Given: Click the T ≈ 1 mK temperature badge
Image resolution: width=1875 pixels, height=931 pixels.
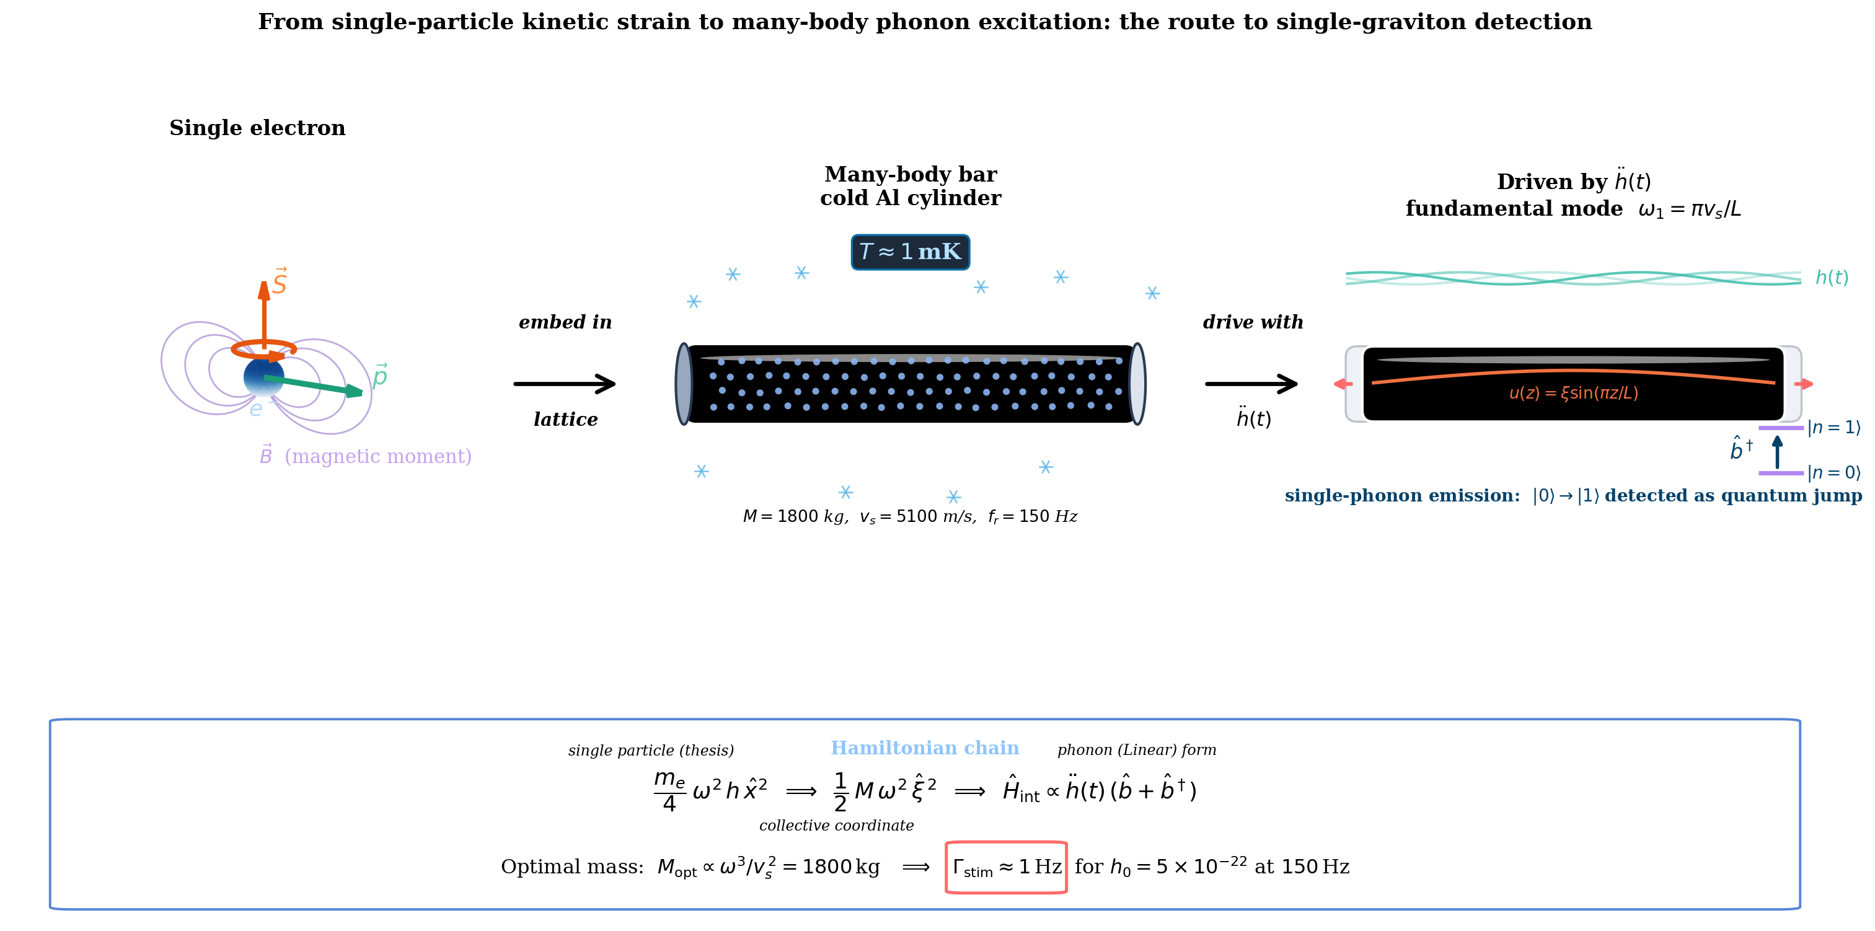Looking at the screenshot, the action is click(910, 252).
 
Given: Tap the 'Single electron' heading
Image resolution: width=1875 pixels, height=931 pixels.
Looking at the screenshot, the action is click(258, 128).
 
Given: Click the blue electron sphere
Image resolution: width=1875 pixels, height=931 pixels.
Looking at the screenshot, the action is click(263, 377).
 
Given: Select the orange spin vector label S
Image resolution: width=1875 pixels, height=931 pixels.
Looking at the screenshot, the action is click(280, 281).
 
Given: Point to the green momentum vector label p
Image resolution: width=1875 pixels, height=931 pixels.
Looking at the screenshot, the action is click(380, 376).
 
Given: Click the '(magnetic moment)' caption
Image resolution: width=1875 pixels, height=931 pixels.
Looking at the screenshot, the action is click(377, 456).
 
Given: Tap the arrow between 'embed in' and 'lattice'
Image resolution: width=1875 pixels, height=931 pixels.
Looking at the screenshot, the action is click(565, 384).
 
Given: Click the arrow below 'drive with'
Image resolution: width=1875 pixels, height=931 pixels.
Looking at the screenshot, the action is click(1251, 384).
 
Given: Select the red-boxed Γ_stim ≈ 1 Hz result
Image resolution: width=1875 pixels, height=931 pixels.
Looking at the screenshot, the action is click(1006, 867).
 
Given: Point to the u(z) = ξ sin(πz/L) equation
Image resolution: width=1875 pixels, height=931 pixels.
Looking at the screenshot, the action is click(1573, 393).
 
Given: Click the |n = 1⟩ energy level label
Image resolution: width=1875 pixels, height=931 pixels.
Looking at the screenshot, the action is click(1833, 427).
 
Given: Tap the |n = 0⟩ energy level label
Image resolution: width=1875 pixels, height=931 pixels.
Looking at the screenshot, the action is click(1833, 473).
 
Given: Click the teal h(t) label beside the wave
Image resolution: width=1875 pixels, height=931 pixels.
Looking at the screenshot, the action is click(1832, 277).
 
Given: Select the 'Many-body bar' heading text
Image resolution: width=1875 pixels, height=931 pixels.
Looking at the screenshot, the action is click(911, 175).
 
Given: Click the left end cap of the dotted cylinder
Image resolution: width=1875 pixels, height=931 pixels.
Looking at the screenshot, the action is click(684, 384).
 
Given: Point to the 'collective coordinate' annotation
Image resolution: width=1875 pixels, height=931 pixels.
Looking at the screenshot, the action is click(836, 826).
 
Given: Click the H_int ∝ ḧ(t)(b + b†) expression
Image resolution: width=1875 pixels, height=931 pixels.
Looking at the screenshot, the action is click(1099, 789).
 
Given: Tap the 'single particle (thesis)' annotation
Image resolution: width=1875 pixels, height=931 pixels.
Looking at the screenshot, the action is click(651, 751).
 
